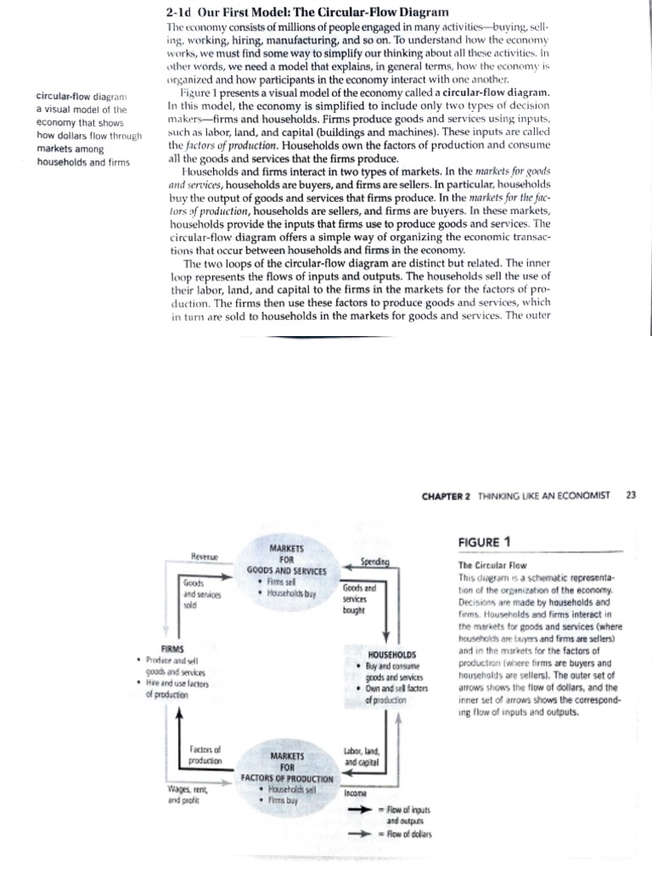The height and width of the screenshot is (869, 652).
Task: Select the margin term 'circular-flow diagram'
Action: [x=86, y=97]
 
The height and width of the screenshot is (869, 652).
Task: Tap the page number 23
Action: [x=629, y=496]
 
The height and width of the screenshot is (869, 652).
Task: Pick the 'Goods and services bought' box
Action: [x=361, y=597]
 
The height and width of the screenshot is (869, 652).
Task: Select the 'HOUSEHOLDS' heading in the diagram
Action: [x=392, y=653]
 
